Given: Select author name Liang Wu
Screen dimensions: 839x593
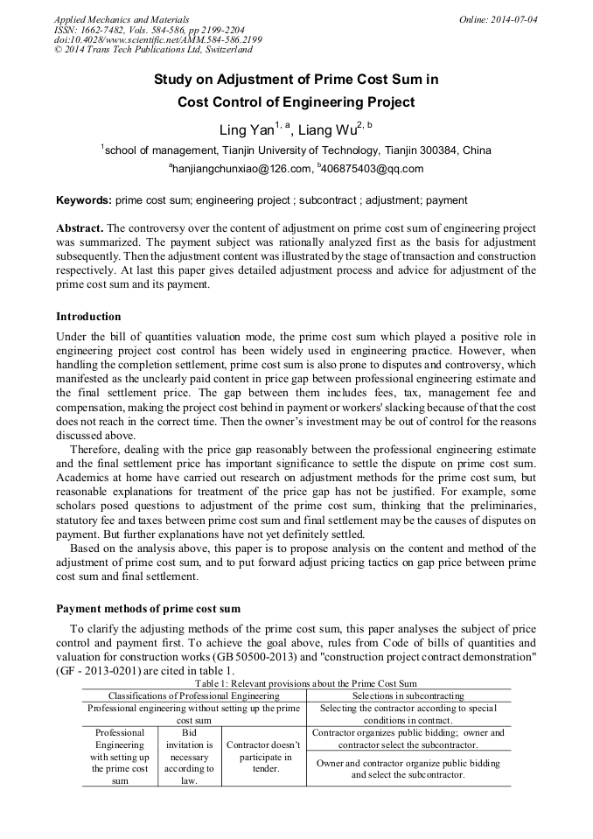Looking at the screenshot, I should click(x=329, y=131).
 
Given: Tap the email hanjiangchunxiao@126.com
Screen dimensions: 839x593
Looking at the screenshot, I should click(x=241, y=169).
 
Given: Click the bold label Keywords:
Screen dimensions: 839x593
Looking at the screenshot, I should click(x=84, y=200).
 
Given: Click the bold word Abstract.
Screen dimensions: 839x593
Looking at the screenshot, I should click(x=80, y=228).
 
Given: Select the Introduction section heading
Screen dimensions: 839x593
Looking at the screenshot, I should click(x=88, y=317).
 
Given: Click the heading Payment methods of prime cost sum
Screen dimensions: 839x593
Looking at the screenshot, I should click(x=148, y=609).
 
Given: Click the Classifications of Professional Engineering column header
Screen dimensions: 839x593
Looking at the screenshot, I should click(x=194, y=696).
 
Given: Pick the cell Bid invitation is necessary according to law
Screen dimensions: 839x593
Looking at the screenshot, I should click(x=190, y=757).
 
